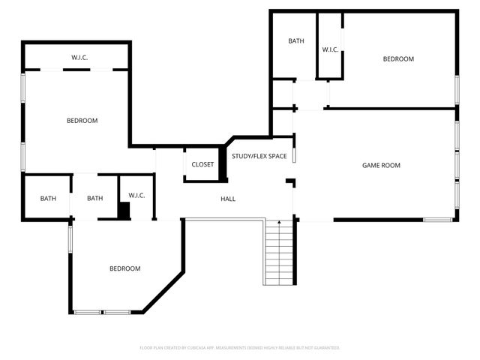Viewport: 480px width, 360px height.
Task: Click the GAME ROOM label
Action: pos(381,166)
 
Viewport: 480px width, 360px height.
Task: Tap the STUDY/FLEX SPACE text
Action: pos(259,156)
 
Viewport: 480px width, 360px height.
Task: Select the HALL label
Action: pos(228,199)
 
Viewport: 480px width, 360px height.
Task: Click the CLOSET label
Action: pos(202,164)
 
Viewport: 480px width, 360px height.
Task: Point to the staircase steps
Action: pos(280,251)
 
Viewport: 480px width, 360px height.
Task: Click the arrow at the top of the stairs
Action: pos(280,224)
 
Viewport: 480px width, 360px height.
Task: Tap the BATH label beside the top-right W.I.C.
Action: pos(296,41)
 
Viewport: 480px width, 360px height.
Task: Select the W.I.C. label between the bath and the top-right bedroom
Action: pos(331,49)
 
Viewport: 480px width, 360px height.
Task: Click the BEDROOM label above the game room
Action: pos(398,59)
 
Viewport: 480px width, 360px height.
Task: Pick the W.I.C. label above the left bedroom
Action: pos(81,58)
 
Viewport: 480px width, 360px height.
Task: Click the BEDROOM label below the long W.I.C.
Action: pos(82,121)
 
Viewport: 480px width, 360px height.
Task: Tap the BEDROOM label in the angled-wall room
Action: pos(124,268)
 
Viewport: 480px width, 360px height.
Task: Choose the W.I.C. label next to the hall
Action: pos(136,195)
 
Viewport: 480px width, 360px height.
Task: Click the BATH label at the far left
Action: pos(48,199)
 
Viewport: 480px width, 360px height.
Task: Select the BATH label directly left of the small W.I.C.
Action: pos(94,199)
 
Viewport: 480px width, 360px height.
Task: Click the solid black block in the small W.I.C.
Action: pos(124,211)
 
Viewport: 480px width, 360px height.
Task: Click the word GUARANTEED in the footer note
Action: pos(323,348)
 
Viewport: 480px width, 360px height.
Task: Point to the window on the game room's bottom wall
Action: pos(437,220)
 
